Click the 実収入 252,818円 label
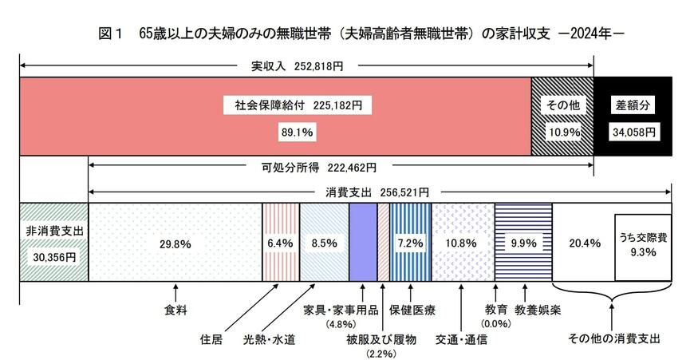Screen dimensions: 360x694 point(297,67)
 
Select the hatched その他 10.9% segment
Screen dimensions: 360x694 point(562,116)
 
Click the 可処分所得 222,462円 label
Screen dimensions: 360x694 point(319,168)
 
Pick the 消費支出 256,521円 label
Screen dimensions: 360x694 point(377,192)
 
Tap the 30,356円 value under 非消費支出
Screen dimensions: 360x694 point(53,257)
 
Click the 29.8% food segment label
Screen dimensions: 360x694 point(175,243)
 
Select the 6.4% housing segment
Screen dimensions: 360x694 point(281,243)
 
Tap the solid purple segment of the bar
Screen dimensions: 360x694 point(363,242)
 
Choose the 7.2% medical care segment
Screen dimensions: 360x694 point(409,242)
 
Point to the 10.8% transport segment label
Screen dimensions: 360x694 point(463,243)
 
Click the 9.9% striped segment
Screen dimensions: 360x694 point(523,243)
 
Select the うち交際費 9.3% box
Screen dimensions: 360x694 point(642,247)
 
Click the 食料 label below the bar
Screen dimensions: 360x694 point(175,308)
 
